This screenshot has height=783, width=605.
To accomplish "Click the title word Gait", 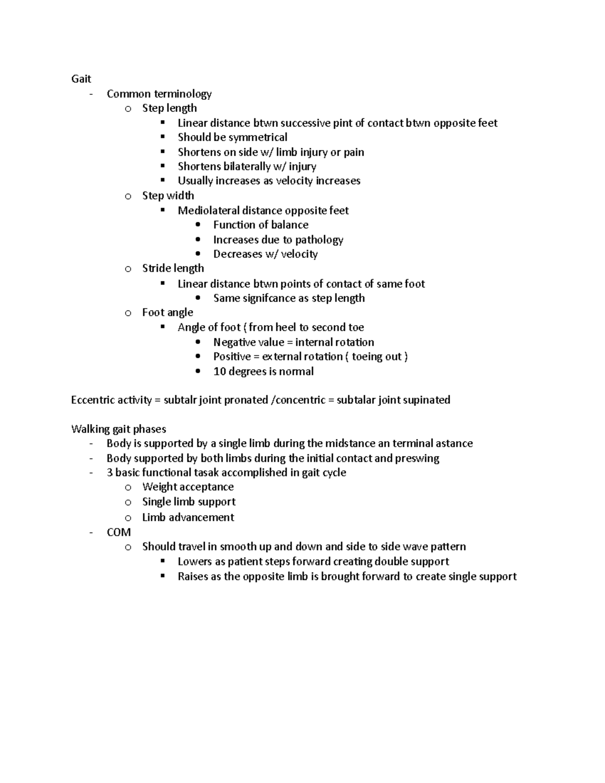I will click(81, 79).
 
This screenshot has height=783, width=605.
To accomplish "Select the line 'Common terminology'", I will click(159, 94).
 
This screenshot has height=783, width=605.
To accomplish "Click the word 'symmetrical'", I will click(258, 137).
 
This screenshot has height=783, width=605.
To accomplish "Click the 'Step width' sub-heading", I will click(167, 196).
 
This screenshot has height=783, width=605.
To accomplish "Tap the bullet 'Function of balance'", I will click(260, 225).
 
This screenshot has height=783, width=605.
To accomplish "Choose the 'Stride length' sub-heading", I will click(172, 268).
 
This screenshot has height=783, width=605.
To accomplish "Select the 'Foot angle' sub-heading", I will click(167, 313).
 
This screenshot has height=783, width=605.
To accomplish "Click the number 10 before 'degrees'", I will click(219, 372).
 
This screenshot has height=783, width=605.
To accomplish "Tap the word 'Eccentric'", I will click(94, 400).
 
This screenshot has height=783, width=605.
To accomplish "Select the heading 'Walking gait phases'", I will click(118, 429).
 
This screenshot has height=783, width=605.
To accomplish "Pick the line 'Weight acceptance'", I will click(188, 487).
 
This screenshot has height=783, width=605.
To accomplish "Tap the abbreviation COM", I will click(118, 532).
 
